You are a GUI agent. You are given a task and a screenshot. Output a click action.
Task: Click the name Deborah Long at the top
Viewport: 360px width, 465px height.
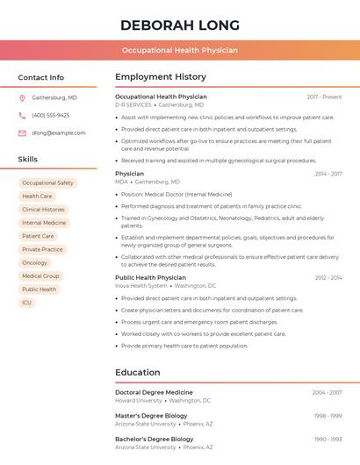[x=179, y=25]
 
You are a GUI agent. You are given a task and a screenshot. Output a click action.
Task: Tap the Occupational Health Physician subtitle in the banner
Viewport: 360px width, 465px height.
[x=179, y=50]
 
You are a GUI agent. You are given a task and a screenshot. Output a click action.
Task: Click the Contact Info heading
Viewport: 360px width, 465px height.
[x=41, y=77]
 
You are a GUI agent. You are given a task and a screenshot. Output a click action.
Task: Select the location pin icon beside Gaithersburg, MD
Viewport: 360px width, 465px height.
[x=22, y=97]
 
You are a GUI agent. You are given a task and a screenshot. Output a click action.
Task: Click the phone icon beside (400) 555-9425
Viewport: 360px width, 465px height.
[x=22, y=115]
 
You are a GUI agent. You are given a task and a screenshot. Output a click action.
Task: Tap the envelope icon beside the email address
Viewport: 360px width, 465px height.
[x=22, y=132]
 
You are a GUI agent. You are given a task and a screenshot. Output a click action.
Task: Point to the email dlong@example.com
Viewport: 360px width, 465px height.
[x=59, y=132]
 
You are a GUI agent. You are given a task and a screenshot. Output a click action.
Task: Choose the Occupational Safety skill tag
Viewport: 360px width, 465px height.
[x=47, y=182]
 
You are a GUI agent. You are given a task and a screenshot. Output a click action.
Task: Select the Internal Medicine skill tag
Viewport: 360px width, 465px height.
[x=44, y=223]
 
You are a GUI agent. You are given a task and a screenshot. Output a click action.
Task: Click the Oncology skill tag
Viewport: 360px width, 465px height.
[x=35, y=262]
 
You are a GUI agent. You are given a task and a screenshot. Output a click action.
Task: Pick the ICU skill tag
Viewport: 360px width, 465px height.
[x=26, y=303]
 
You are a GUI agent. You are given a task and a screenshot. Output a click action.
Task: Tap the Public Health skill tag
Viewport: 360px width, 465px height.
[x=39, y=289]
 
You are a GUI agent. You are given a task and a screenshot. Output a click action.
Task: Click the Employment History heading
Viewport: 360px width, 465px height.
[x=161, y=77]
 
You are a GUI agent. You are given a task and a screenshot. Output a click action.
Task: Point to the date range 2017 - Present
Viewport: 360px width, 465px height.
[x=324, y=97]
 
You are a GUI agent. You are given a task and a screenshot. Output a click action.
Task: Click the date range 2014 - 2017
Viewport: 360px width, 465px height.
[x=328, y=174]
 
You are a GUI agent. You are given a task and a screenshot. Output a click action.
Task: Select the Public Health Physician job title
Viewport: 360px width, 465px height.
[x=150, y=277]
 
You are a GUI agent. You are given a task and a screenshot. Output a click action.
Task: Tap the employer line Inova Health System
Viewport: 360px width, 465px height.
[x=141, y=285]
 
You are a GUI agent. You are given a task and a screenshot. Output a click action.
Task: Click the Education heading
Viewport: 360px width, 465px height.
[x=138, y=372]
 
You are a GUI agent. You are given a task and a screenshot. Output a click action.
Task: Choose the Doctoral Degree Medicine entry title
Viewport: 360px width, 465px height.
[x=154, y=392]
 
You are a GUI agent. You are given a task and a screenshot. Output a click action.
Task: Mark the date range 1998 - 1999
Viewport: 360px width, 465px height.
[x=328, y=415]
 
